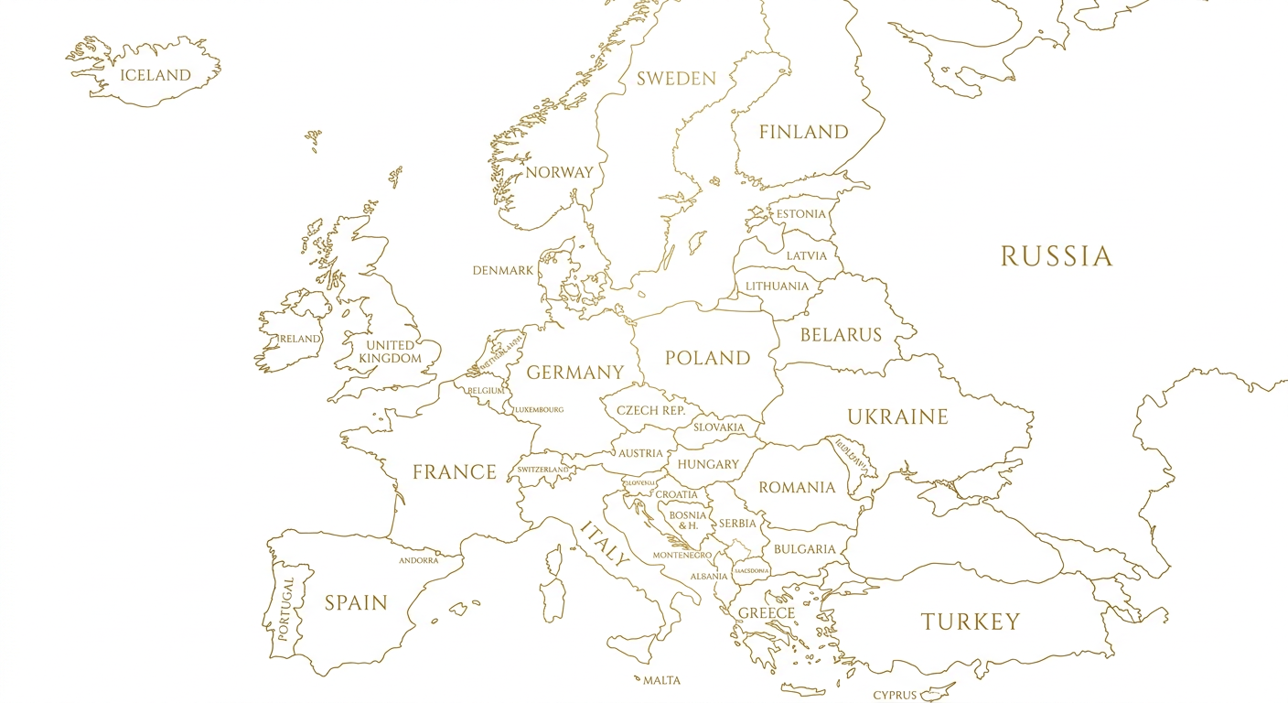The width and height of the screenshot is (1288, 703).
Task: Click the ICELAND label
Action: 156,76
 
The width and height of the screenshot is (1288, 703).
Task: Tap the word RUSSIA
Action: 1056,256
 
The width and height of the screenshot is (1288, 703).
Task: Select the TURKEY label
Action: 970,622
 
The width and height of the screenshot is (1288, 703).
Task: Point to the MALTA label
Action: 661,680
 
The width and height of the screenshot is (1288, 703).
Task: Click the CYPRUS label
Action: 894,695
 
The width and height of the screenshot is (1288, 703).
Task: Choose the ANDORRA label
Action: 418,560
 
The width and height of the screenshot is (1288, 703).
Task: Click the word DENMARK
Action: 502,271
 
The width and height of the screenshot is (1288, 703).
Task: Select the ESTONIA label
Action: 800,214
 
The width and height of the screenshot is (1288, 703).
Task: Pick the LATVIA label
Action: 806,255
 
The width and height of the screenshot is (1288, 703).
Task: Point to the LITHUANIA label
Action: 777,287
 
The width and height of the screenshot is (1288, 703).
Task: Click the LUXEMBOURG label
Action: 538,409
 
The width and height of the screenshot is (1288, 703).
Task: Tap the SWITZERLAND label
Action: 543,470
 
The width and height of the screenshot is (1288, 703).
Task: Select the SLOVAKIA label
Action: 719,427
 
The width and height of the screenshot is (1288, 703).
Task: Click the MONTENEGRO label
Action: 682,556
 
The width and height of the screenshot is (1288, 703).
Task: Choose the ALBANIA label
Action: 709,577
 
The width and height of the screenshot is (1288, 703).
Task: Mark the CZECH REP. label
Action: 650,410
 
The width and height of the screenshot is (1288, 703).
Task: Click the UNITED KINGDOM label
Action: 390,351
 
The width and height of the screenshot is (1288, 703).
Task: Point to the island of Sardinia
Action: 553,597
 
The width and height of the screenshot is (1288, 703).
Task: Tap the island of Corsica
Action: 555,559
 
